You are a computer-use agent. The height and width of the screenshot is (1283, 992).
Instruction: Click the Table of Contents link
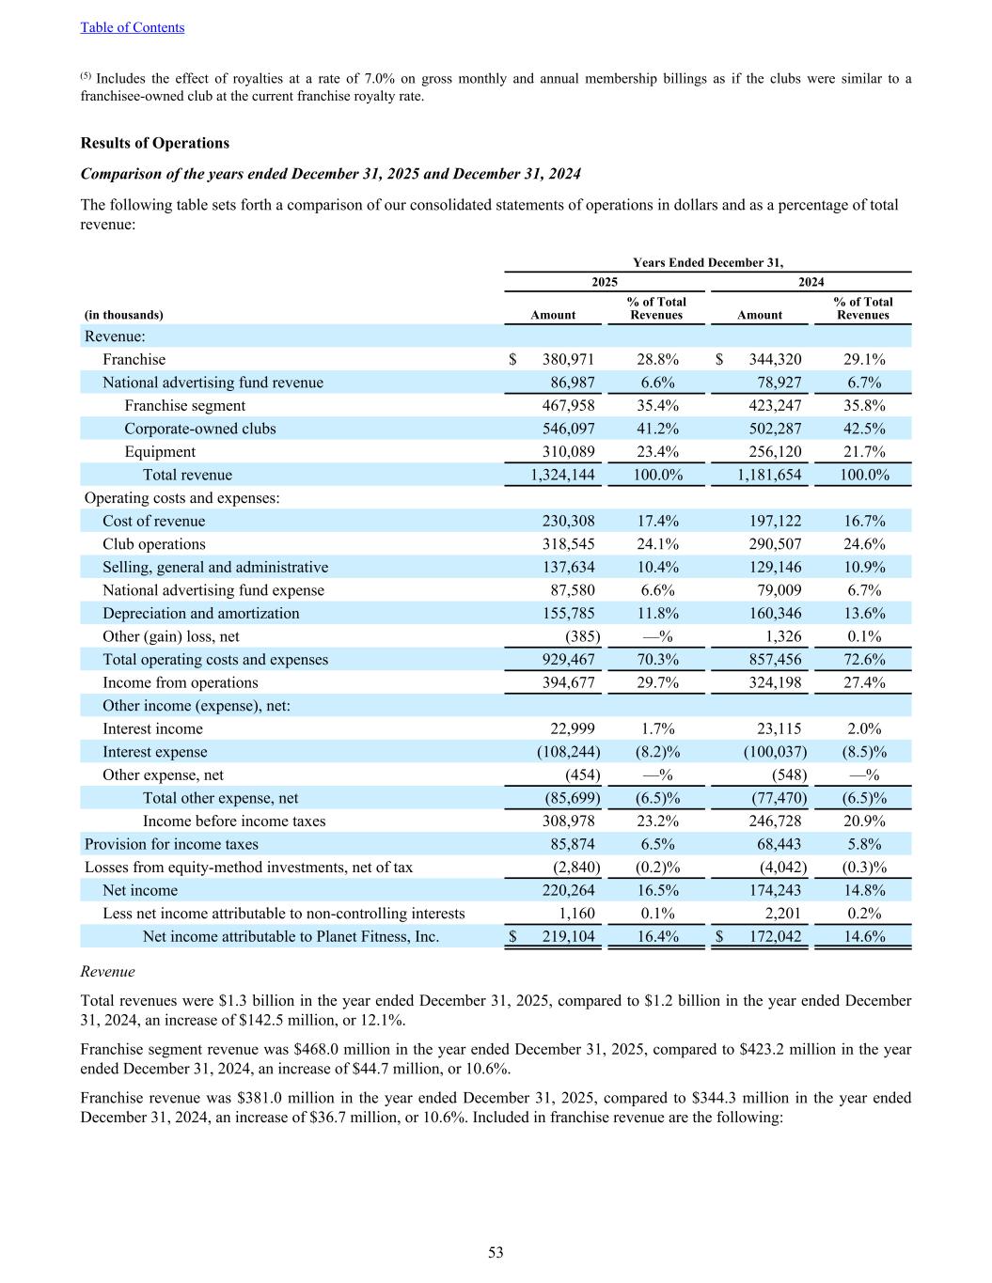click(x=133, y=27)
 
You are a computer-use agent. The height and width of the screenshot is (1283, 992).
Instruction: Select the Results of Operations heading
click(x=154, y=143)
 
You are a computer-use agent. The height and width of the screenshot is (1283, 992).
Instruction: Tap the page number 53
click(x=496, y=1252)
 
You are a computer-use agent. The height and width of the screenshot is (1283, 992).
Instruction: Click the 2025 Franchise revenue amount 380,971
click(x=568, y=359)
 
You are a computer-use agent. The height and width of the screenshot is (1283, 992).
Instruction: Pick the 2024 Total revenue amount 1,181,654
click(x=770, y=475)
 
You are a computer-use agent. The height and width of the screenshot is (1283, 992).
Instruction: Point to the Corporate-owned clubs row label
click(x=200, y=429)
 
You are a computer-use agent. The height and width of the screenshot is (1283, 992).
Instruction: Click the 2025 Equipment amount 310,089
click(x=568, y=451)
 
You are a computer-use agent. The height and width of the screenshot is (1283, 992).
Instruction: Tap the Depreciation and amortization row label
click(x=201, y=613)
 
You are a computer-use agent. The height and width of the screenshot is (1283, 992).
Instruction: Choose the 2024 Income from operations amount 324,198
click(x=775, y=682)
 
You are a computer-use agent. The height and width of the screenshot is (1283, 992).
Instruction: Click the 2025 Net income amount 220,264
click(x=568, y=890)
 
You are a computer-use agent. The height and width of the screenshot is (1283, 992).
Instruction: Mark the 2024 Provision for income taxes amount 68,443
click(x=779, y=844)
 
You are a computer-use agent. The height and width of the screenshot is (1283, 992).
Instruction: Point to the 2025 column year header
click(x=605, y=282)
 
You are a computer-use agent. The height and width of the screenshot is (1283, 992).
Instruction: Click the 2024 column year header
click(x=811, y=282)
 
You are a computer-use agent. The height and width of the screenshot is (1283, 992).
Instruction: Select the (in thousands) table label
click(x=123, y=315)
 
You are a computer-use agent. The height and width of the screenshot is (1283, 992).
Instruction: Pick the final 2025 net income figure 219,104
click(x=568, y=936)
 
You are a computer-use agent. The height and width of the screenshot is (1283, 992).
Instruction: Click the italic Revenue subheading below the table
click(x=107, y=972)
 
